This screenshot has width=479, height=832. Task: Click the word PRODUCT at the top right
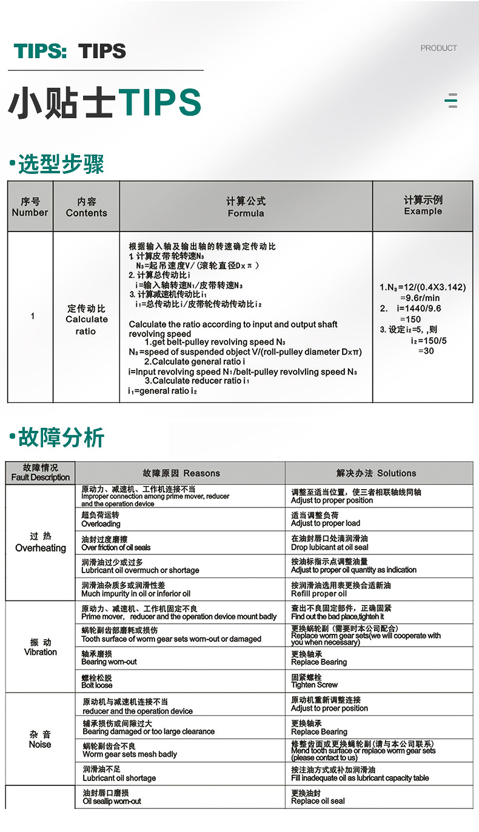(x=438, y=48)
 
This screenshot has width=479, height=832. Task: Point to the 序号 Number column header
(x=30, y=207)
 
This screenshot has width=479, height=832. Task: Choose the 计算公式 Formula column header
(x=246, y=207)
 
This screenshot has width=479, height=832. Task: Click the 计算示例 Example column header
(x=423, y=205)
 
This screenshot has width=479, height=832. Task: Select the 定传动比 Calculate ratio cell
(x=86, y=319)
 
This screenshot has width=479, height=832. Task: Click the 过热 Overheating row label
(x=41, y=542)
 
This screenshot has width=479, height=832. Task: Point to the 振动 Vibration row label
(x=41, y=647)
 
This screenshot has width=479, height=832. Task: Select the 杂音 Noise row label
(x=40, y=739)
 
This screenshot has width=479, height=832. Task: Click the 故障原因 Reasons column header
(x=181, y=473)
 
